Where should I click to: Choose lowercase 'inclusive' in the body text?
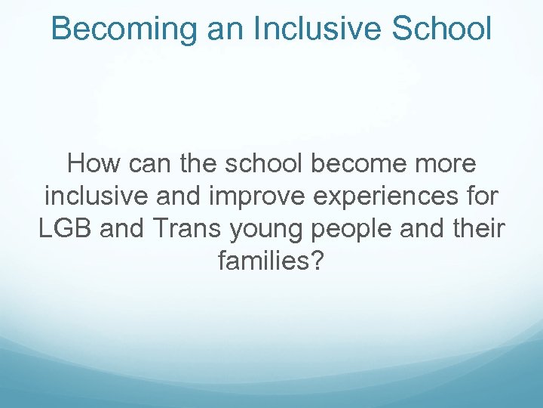(x=99, y=196)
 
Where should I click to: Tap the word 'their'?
(x=477, y=229)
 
